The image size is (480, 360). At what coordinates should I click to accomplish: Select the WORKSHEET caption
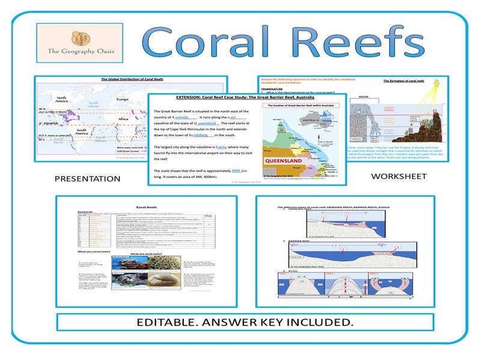[x=398, y=176]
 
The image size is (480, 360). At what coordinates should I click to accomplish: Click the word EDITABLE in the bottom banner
[x=166, y=322]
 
